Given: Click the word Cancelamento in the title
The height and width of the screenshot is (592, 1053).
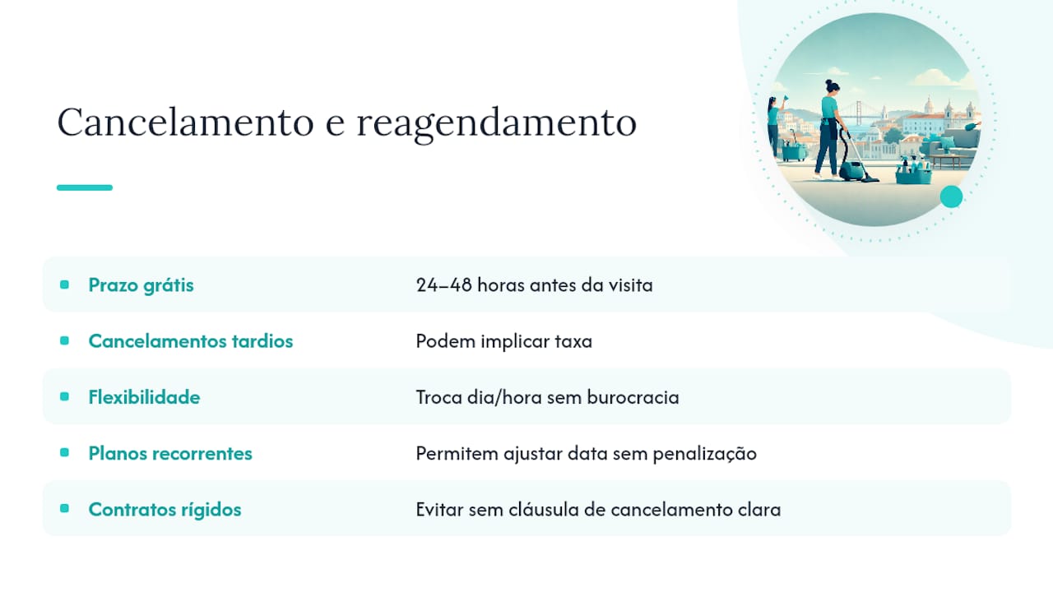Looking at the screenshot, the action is click(x=185, y=122).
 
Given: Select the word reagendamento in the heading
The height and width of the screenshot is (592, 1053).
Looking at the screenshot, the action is click(x=496, y=123).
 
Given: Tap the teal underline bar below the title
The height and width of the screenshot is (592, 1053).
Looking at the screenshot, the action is click(x=85, y=187).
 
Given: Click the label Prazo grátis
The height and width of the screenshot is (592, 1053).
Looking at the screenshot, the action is click(x=141, y=285).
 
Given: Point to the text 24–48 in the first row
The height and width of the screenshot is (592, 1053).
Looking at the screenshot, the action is click(x=443, y=285).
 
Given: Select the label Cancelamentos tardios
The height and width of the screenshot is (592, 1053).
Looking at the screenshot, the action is click(x=191, y=341).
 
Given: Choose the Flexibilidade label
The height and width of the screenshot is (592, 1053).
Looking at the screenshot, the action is click(x=144, y=397).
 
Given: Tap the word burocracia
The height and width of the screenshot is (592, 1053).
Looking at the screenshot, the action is click(x=633, y=397).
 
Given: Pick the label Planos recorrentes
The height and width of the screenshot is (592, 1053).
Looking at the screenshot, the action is click(x=170, y=453).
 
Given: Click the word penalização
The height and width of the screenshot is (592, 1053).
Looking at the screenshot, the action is click(x=705, y=455).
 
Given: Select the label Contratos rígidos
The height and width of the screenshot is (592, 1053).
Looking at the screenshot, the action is click(x=165, y=510).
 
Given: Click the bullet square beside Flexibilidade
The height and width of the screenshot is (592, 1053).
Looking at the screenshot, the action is click(x=64, y=396).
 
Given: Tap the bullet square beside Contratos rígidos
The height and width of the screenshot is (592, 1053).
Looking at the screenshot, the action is click(x=64, y=508).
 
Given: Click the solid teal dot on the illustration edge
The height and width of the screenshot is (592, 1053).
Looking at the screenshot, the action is click(x=952, y=197).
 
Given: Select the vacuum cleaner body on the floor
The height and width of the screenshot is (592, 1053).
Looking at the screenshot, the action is click(x=851, y=170).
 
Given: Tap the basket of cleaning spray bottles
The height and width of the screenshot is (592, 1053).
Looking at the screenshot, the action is click(x=913, y=171).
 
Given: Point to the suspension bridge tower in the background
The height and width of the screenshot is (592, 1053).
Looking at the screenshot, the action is click(x=858, y=109).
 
